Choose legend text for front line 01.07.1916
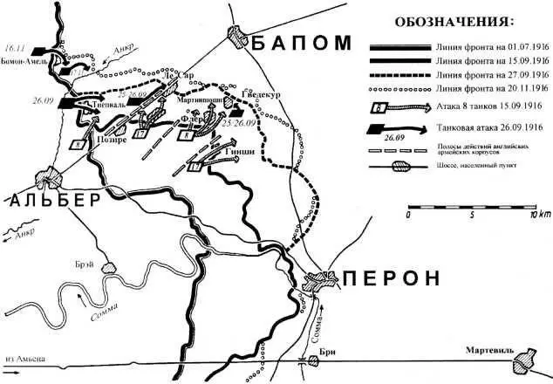[493, 45]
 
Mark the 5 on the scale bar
[469, 214]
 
